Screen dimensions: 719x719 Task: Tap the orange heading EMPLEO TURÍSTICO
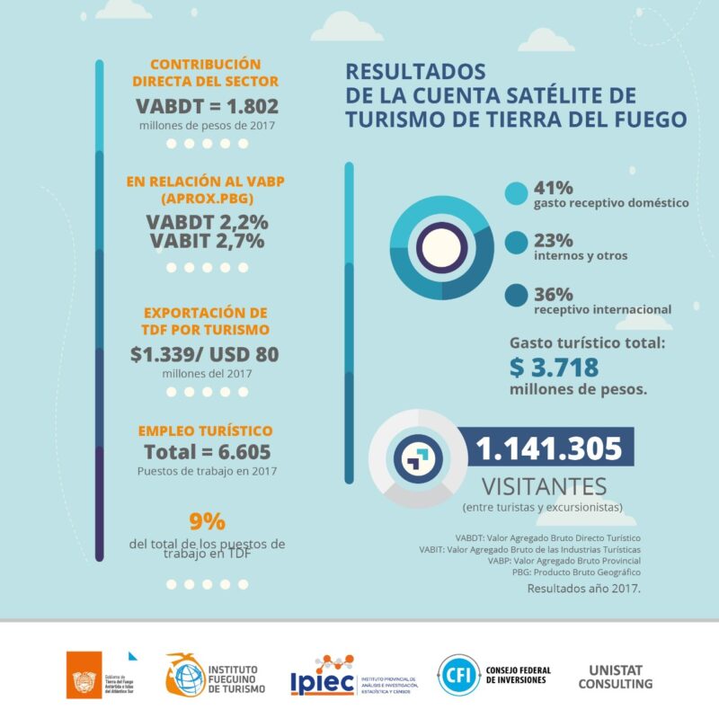205,431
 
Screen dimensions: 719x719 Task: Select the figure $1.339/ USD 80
205,353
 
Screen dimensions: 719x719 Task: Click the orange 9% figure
207,521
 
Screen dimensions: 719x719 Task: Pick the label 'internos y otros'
580,256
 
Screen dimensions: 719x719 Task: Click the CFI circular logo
457,676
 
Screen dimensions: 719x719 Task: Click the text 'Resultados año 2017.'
583,589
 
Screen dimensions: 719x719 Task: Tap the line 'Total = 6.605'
207,451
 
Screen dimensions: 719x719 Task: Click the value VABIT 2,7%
206,241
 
